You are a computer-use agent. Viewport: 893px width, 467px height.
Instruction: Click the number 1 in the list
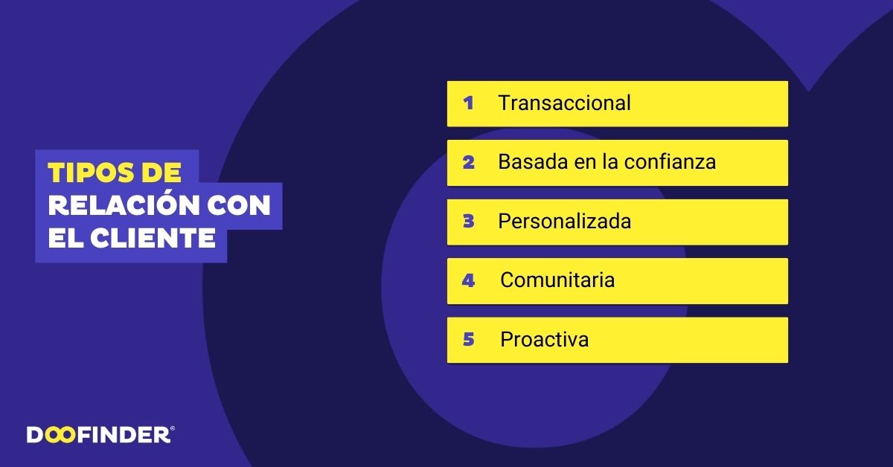point(468,103)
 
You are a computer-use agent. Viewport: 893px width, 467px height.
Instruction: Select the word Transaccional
point(564,103)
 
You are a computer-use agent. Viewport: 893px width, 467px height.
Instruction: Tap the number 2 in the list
point(468,162)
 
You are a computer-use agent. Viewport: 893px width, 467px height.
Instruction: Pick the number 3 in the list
point(468,222)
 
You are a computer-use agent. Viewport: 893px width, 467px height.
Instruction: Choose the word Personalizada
point(564,222)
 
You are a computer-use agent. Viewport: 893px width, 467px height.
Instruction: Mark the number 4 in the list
point(468,280)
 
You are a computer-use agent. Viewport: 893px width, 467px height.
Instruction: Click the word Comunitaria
point(557,280)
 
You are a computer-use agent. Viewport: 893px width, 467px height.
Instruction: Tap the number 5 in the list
point(468,340)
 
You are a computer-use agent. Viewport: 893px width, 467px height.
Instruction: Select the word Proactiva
point(544,340)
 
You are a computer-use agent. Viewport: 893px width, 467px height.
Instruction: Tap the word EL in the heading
point(65,239)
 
